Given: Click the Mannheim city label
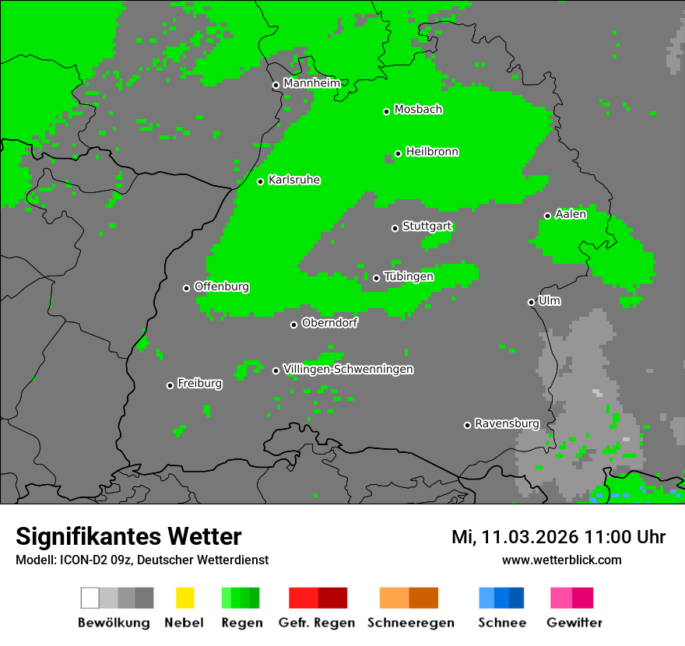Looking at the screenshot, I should [x=311, y=83].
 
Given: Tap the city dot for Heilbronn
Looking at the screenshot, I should [x=398, y=153].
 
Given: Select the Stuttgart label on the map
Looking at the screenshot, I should [x=427, y=226].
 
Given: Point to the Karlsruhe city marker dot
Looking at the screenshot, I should [x=261, y=181].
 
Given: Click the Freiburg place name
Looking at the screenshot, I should [x=199, y=384].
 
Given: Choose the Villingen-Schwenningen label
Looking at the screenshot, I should [x=348, y=370].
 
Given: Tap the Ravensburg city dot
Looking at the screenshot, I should [x=467, y=425].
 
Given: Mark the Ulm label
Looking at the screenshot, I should [x=550, y=301].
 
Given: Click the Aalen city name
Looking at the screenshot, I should [x=571, y=215].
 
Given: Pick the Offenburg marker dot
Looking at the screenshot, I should [x=186, y=288].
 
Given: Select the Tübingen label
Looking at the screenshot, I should [x=409, y=277].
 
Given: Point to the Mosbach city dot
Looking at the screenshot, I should [x=386, y=111].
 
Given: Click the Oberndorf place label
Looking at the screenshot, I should [x=329, y=323].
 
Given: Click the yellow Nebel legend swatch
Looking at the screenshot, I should [x=184, y=598].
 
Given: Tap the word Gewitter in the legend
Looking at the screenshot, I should [x=574, y=623].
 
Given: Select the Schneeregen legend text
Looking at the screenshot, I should [x=411, y=623].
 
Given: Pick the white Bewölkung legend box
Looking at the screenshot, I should [x=90, y=598].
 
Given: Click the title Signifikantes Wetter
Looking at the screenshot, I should [x=128, y=537].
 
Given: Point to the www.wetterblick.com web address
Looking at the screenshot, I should [x=561, y=560].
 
